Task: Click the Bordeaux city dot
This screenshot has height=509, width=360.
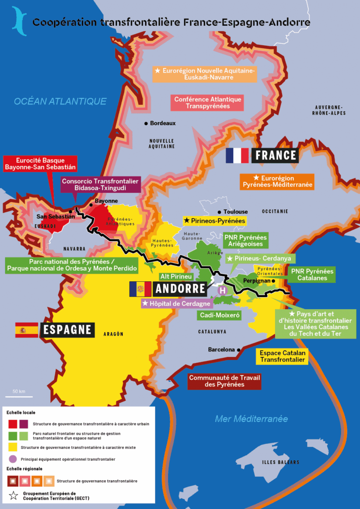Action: coord(146,123)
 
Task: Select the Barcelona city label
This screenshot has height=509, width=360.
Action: coord(221,349)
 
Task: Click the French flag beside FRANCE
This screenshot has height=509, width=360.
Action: coord(237,156)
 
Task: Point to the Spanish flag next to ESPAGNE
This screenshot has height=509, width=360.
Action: coord(26,330)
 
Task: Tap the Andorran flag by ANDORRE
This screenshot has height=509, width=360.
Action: coord(140,289)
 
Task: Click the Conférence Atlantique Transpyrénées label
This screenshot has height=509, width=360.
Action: coord(207,102)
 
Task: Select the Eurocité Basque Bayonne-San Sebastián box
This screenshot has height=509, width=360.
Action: coord(39,164)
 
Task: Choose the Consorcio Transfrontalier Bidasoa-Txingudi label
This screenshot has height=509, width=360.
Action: coord(100,184)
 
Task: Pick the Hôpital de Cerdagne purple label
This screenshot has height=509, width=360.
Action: coord(177,303)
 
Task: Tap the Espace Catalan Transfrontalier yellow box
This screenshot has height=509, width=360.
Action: coord(282,356)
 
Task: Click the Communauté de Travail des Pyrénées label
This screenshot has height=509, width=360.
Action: coord(224,381)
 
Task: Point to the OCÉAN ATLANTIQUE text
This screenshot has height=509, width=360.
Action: coord(60,101)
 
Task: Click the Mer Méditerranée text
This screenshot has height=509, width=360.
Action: coord(251,419)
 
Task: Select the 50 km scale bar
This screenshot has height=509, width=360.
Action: coord(19,396)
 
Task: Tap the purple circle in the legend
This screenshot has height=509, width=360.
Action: coord(12,459)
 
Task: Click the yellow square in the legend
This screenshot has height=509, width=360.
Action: coord(12,447)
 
